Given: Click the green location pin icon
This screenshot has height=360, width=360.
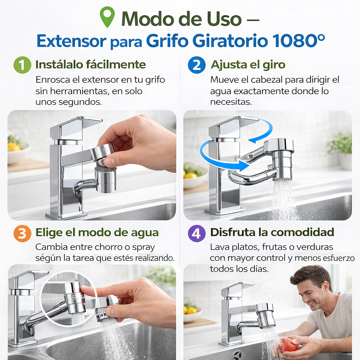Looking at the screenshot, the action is [x=107, y=17].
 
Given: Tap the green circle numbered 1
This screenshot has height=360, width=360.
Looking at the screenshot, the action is [x=22, y=65].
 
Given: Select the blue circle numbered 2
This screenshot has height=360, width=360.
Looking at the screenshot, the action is [x=197, y=65].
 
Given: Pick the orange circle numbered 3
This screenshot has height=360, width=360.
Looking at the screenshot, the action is [x=22, y=233].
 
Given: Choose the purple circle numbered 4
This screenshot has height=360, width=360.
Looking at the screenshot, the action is [x=197, y=233].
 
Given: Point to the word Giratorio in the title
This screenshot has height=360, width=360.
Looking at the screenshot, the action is [x=230, y=41].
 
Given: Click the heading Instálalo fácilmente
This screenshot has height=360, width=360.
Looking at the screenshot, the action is [x=90, y=65].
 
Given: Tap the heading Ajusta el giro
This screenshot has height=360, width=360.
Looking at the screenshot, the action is [x=248, y=65].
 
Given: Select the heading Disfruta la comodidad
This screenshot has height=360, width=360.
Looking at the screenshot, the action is [x=272, y=232].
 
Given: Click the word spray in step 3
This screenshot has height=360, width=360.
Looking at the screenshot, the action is [x=143, y=247].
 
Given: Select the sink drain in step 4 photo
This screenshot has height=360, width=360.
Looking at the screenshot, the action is [x=238, y=355].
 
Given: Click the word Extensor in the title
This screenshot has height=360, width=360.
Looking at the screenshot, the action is [x=71, y=41].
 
